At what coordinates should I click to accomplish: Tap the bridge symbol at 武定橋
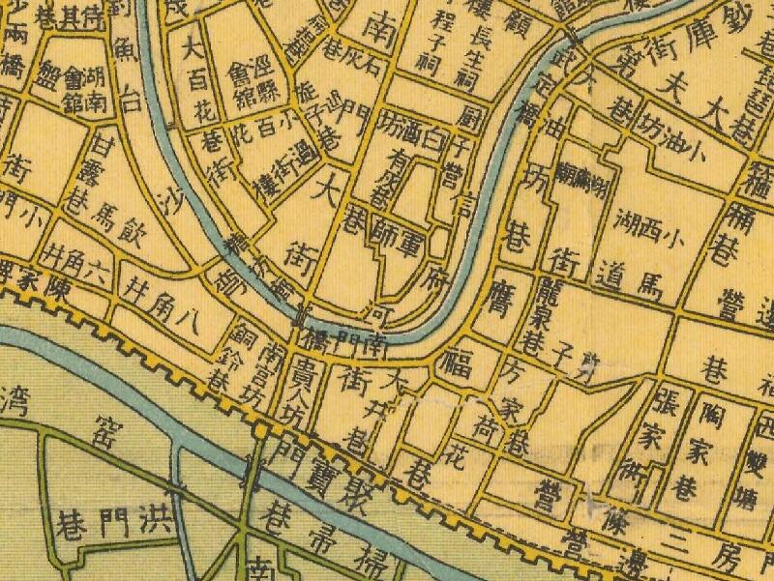(x=570, y=44)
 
